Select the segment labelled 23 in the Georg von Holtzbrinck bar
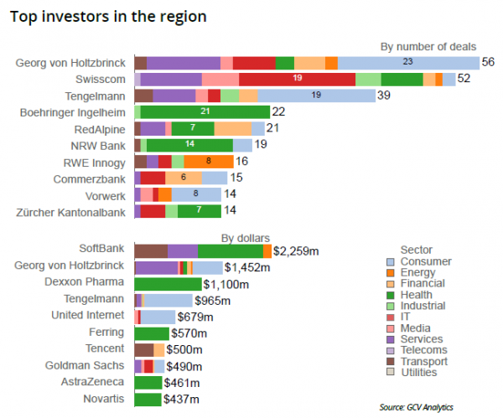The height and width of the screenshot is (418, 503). point(407,63)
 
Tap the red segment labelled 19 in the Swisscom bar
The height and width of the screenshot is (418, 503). point(297,79)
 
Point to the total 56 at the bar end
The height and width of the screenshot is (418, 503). point(488,63)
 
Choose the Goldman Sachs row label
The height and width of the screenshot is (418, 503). point(86,366)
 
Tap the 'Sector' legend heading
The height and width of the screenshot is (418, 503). point(417,250)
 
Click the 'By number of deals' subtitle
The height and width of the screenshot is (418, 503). point(428,46)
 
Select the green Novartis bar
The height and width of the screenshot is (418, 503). point(148,399)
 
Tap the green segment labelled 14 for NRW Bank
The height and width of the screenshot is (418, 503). point(189,145)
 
